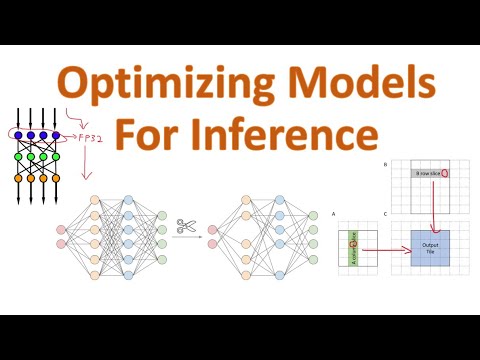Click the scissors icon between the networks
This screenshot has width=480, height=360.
click(x=185, y=226)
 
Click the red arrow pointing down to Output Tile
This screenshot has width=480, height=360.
click(x=432, y=205)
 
